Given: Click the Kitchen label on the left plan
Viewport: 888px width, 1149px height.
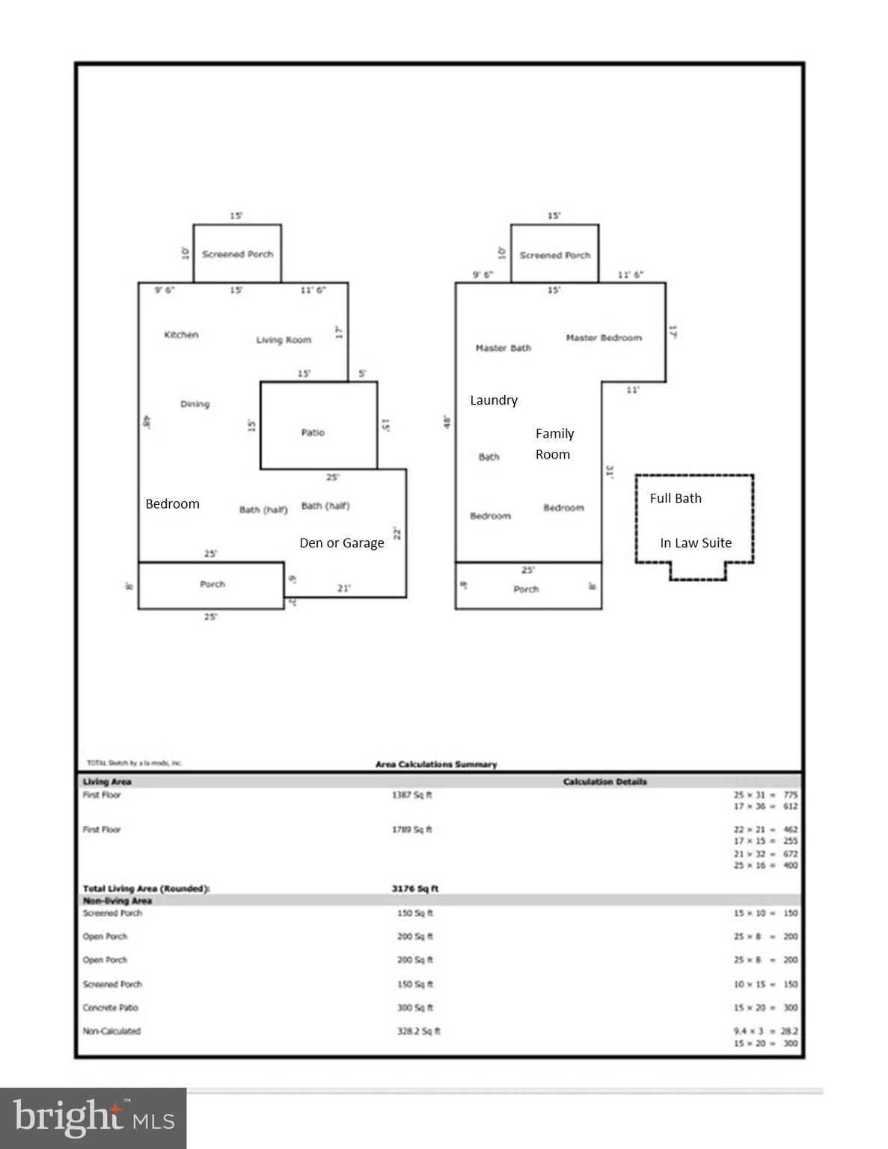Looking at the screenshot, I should click(x=181, y=335).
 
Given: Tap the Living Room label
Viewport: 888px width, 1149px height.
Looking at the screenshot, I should click(x=284, y=340).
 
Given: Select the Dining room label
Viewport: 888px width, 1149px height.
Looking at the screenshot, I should click(x=195, y=404).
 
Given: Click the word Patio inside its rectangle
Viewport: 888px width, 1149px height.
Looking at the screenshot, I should click(x=313, y=432).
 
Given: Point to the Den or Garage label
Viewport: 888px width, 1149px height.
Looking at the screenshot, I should click(x=342, y=543).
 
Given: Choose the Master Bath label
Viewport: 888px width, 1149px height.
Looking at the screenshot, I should click(x=503, y=348).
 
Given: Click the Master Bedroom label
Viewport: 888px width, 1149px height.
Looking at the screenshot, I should click(x=604, y=338).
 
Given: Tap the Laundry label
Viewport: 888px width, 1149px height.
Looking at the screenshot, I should click(x=493, y=400).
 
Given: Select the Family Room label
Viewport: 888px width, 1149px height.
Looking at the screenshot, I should click(x=554, y=444).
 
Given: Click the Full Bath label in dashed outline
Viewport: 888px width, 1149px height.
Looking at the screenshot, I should click(x=676, y=498).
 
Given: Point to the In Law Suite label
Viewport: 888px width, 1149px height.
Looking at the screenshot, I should click(x=695, y=543).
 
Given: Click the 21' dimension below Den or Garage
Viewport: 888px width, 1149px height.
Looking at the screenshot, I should click(x=343, y=589).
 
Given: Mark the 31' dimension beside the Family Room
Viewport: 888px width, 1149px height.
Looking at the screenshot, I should click(x=610, y=472).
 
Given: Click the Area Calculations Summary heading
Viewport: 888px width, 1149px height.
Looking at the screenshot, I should click(x=435, y=765).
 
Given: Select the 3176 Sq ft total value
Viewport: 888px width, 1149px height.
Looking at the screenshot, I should click(x=414, y=889).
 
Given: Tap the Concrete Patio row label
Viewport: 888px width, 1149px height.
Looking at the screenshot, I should click(x=110, y=1008).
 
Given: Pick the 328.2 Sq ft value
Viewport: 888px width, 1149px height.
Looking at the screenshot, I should click(x=418, y=1031).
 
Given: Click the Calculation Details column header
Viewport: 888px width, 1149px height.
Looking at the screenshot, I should click(x=604, y=782).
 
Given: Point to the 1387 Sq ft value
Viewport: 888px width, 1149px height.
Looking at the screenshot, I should click(x=411, y=795).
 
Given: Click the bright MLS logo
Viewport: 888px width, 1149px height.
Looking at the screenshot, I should click(x=93, y=1118).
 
